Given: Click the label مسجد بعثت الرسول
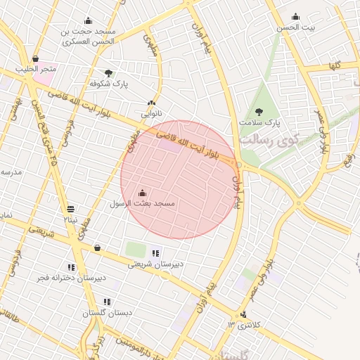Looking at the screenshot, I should (141, 203).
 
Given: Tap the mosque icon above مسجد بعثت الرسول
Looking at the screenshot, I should (143, 193).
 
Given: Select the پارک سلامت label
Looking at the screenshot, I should (259, 122).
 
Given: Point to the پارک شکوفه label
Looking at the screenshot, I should (109, 83).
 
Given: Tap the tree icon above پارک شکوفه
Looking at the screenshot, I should (108, 72).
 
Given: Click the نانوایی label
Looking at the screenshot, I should (151, 113).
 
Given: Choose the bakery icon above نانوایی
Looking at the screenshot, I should (151, 103).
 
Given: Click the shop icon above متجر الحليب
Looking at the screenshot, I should (36, 59).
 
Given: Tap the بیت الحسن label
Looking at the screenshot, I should (295, 27).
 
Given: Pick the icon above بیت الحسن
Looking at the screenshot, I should (295, 17).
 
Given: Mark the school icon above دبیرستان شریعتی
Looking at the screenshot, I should (155, 253).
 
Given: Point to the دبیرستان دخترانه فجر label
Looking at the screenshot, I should (72, 278).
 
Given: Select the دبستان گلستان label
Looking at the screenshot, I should (108, 312).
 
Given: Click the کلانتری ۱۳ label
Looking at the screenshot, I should (243, 324).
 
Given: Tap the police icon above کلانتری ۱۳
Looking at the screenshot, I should (243, 314).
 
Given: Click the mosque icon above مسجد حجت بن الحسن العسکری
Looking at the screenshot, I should (88, 20).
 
